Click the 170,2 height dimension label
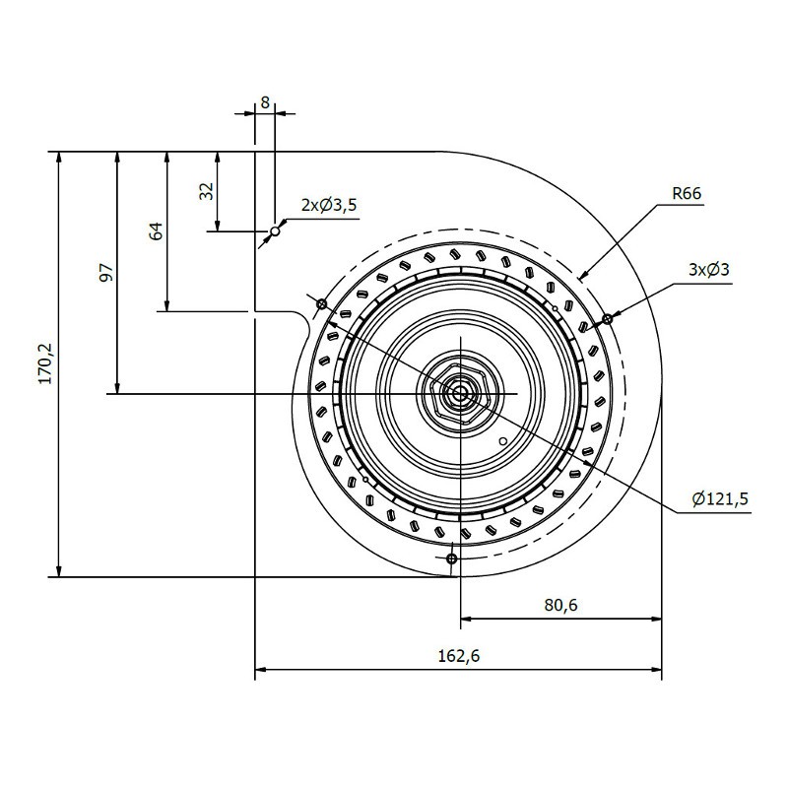click(x=46, y=363)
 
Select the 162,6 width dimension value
click(x=459, y=656)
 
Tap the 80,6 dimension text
click(x=560, y=605)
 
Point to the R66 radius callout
click(x=687, y=193)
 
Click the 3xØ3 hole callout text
click(x=708, y=270)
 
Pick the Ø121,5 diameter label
click(x=720, y=499)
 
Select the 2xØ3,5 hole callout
click(x=329, y=205)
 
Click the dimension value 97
click(x=106, y=273)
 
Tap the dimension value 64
click(x=157, y=230)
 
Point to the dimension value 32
click(x=206, y=191)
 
